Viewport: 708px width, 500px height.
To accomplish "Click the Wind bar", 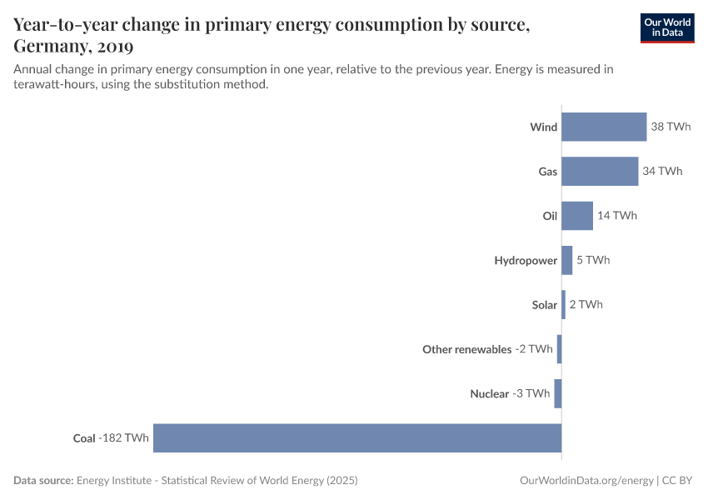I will tap(604, 127).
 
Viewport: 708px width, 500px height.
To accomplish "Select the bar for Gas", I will tap(600, 171).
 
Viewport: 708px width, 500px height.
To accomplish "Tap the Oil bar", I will tap(577, 216).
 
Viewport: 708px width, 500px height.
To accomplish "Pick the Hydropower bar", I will tap(567, 260).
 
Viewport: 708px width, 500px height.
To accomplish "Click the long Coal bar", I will tap(357, 437).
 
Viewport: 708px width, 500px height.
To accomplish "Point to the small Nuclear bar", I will tap(558, 393).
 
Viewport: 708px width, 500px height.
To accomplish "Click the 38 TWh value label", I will tap(671, 127).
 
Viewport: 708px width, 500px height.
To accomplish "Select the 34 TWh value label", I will tap(662, 171).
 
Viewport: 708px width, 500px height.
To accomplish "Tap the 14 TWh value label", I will tap(617, 216).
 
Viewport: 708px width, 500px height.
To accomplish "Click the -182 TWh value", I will tap(124, 437).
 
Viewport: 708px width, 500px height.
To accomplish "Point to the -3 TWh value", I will tap(531, 393).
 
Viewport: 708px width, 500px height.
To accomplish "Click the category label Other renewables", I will tap(466, 349).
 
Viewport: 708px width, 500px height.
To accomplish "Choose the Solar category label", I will tap(544, 305).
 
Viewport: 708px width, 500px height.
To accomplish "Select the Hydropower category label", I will tap(525, 260).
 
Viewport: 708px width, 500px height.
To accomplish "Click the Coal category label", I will tap(84, 437).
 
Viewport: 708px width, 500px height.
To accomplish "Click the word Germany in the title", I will tap(52, 45).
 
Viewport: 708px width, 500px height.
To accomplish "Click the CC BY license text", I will tap(678, 481).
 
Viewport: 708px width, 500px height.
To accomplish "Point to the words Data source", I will tap(42, 481).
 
